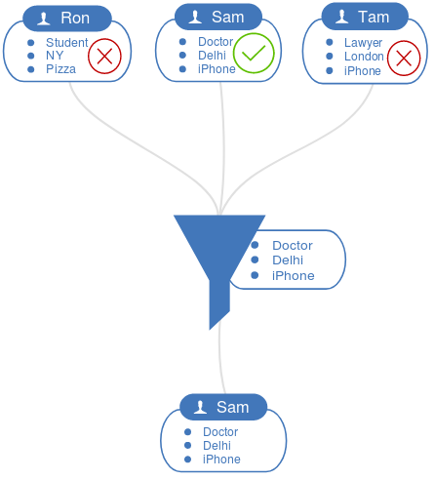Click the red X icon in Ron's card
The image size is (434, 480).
point(104,56)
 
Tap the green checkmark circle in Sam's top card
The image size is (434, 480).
point(254,53)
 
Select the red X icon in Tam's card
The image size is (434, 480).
point(404,59)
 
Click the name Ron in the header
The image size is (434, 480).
point(75,18)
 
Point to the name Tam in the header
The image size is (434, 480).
point(374,17)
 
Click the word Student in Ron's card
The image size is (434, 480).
point(67,43)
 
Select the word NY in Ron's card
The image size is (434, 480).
point(55,56)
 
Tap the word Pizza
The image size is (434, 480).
point(60,69)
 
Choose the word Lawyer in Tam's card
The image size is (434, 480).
point(363,43)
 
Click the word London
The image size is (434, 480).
point(364,57)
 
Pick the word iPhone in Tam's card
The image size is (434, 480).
point(363,71)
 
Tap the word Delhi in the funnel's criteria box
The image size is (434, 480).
point(288,260)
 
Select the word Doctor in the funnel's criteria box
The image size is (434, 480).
point(293,246)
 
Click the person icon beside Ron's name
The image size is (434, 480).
point(44,19)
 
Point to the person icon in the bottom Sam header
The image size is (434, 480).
point(200,407)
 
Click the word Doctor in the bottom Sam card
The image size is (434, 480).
point(220,432)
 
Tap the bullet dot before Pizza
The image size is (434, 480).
point(31,69)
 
